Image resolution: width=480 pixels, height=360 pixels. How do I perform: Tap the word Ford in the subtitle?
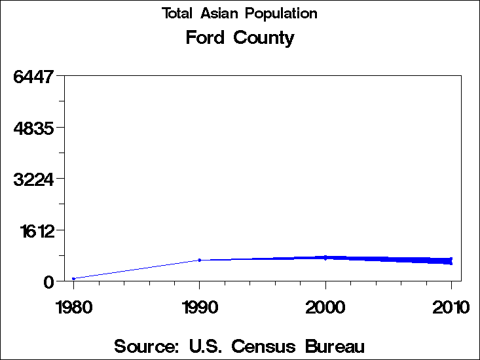[204, 38]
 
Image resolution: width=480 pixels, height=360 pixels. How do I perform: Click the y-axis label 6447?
[33, 77]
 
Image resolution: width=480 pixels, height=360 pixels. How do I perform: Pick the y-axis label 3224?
[33, 179]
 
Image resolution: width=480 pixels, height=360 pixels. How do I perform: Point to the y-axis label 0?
[48, 282]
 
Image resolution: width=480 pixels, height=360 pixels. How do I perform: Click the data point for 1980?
[73, 279]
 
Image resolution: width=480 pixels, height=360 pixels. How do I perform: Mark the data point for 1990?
[200, 260]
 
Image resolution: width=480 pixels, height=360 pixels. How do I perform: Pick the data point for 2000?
[325, 257]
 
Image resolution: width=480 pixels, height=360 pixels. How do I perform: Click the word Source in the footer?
[147, 346]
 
